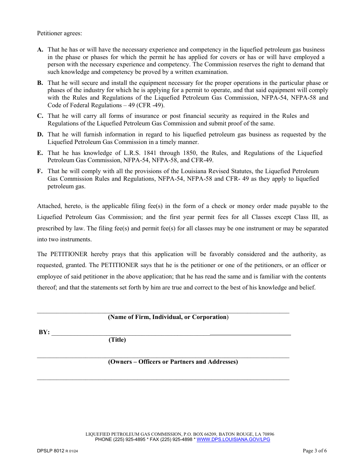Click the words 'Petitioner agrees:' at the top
(x=59, y=33)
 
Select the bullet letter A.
(x=40, y=50)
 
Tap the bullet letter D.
(x=40, y=134)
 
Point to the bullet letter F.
(x=40, y=171)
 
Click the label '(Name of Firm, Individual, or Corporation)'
(x=168, y=317)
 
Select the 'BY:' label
(x=44, y=332)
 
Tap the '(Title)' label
(x=117, y=340)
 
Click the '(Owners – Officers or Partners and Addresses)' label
(x=173, y=362)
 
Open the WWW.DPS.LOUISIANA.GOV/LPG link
(x=233, y=439)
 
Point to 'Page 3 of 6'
(x=315, y=451)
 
